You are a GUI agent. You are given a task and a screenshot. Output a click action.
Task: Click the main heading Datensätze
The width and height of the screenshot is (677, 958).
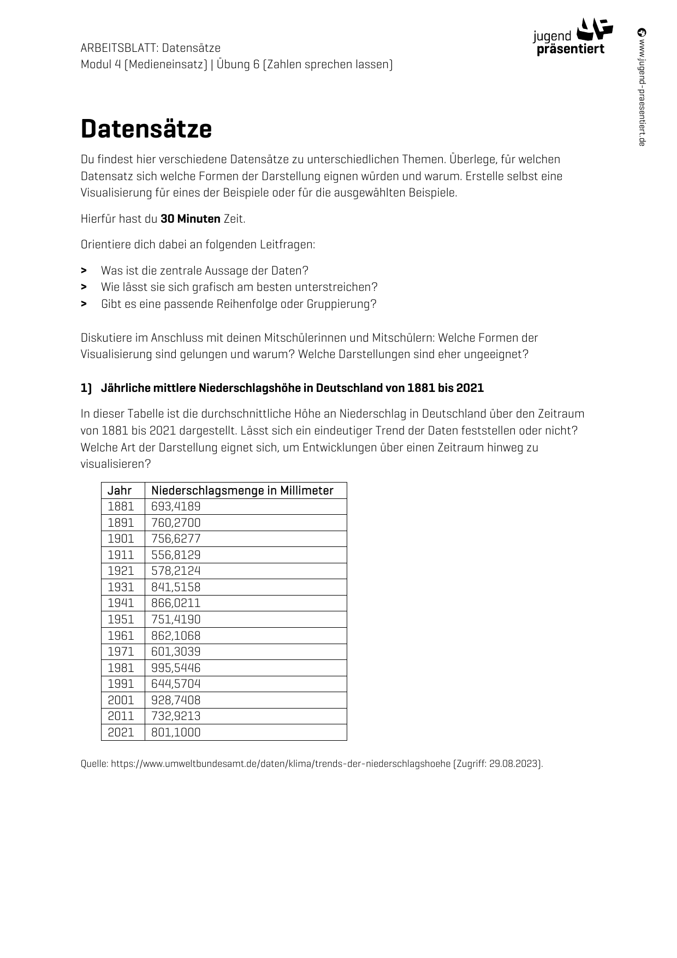click(146, 129)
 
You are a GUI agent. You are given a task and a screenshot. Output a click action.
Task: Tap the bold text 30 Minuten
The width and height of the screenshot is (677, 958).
click(190, 219)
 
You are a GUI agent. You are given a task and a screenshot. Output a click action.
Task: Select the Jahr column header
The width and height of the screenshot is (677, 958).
click(120, 490)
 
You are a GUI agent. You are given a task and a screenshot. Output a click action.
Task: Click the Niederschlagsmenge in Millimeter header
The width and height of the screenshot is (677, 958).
click(242, 490)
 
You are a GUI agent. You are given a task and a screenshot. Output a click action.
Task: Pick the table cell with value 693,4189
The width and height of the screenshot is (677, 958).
click(176, 507)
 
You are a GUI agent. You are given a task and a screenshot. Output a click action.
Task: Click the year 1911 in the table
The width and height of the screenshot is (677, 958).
click(121, 555)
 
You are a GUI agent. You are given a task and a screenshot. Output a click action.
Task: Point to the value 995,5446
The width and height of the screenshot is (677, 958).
click(176, 668)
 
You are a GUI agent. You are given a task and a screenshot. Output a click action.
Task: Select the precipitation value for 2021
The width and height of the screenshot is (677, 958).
click(176, 733)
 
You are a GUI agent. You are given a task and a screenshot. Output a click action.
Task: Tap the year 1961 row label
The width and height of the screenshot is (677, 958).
click(121, 635)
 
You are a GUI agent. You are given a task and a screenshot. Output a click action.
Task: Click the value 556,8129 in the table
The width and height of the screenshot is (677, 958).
click(176, 555)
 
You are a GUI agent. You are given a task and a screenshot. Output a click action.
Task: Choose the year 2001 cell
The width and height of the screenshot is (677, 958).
click(121, 700)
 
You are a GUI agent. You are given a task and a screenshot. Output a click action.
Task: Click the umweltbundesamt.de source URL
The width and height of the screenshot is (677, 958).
click(281, 764)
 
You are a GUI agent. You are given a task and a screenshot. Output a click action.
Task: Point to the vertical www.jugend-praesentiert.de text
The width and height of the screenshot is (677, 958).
click(642, 87)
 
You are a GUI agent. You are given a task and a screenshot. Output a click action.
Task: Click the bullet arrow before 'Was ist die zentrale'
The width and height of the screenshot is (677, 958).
click(84, 271)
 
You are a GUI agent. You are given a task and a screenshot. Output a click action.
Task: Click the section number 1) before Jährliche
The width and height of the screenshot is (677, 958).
click(86, 388)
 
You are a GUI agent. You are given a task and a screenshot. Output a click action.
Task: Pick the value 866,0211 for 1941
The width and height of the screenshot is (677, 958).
click(176, 603)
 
